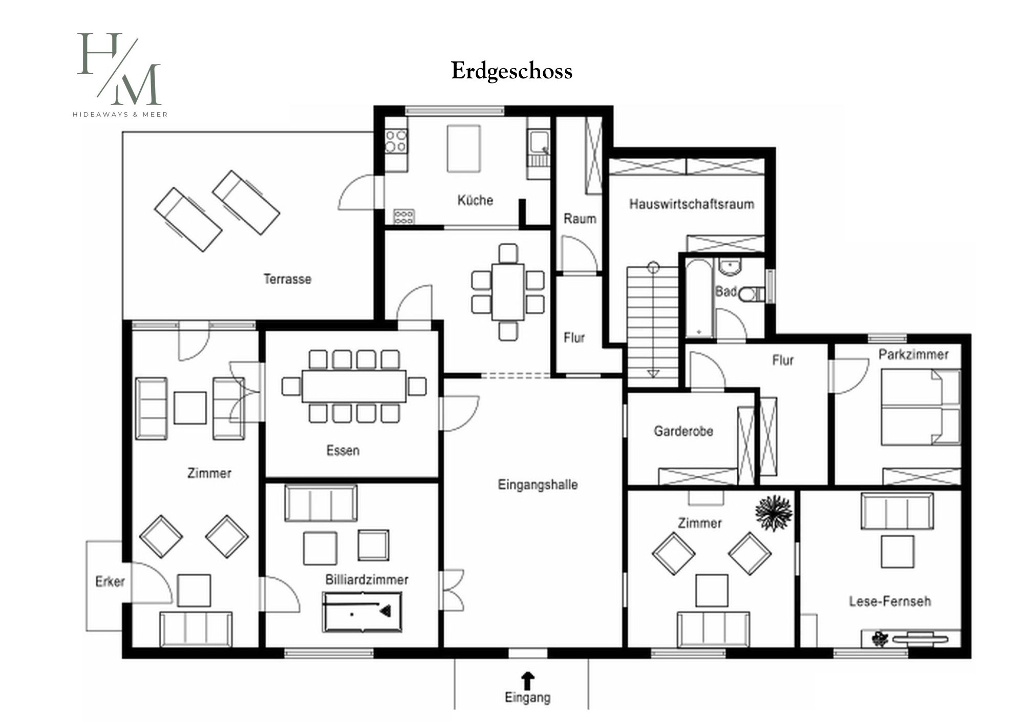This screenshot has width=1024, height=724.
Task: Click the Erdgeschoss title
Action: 511,71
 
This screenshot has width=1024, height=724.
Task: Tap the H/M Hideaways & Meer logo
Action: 120,75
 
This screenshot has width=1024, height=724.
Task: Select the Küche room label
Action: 475,200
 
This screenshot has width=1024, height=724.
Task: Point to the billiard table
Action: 362,611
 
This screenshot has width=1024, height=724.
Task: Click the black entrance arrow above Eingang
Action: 527,681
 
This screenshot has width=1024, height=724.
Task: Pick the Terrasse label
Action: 287,279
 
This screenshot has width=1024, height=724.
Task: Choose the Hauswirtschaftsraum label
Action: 692,204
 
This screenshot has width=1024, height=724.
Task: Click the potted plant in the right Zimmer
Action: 774,513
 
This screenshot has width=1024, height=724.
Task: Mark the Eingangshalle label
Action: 538,484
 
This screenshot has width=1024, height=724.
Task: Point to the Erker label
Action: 110,582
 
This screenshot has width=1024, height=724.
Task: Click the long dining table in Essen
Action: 354,386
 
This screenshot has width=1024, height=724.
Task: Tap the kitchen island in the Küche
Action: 463,148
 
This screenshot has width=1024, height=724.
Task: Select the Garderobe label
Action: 684,431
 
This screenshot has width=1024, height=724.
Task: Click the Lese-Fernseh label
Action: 890,601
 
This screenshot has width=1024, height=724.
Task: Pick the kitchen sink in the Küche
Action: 539,142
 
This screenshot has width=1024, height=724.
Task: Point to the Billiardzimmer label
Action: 367,580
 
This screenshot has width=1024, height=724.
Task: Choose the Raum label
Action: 580,219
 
